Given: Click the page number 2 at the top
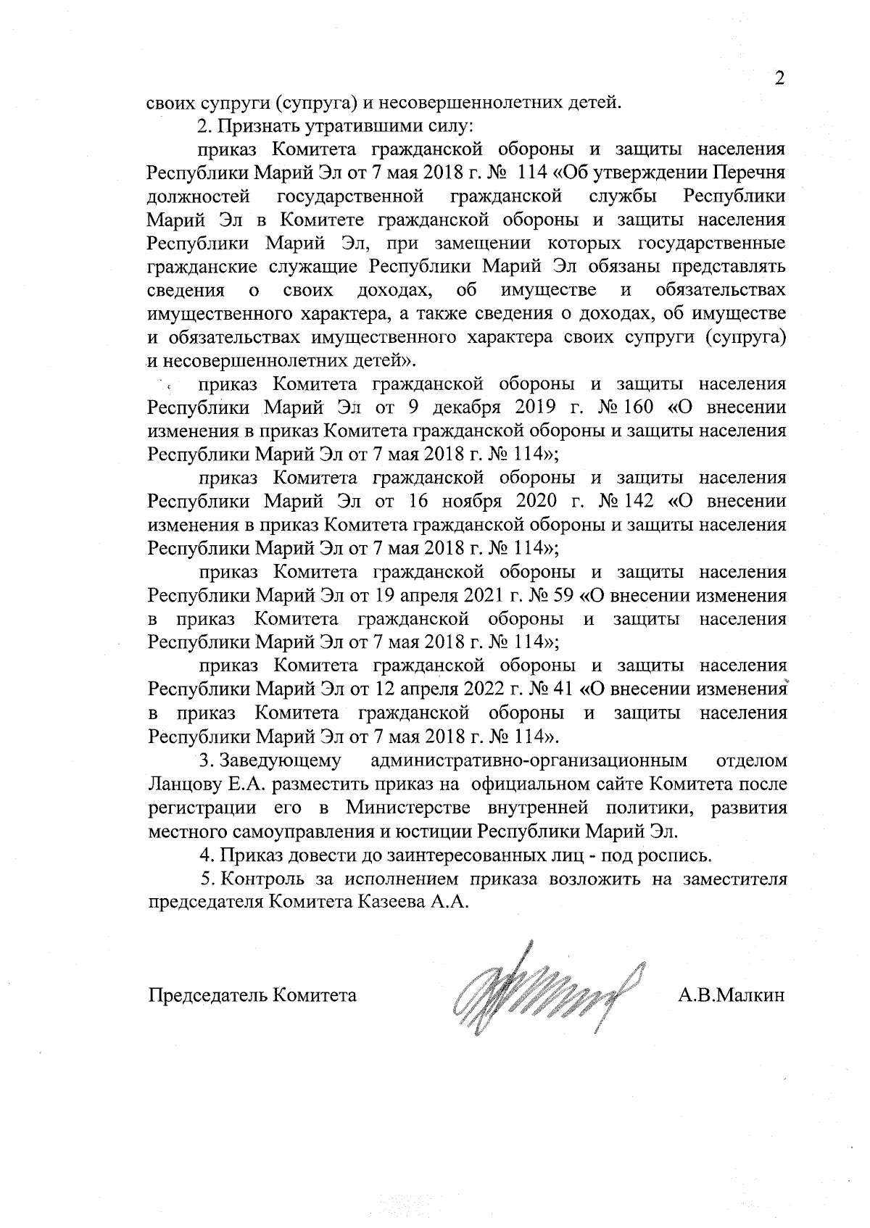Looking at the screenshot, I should [x=779, y=78].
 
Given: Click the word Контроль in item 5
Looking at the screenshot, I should [x=260, y=879].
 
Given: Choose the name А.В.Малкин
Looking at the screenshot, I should [x=732, y=995].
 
